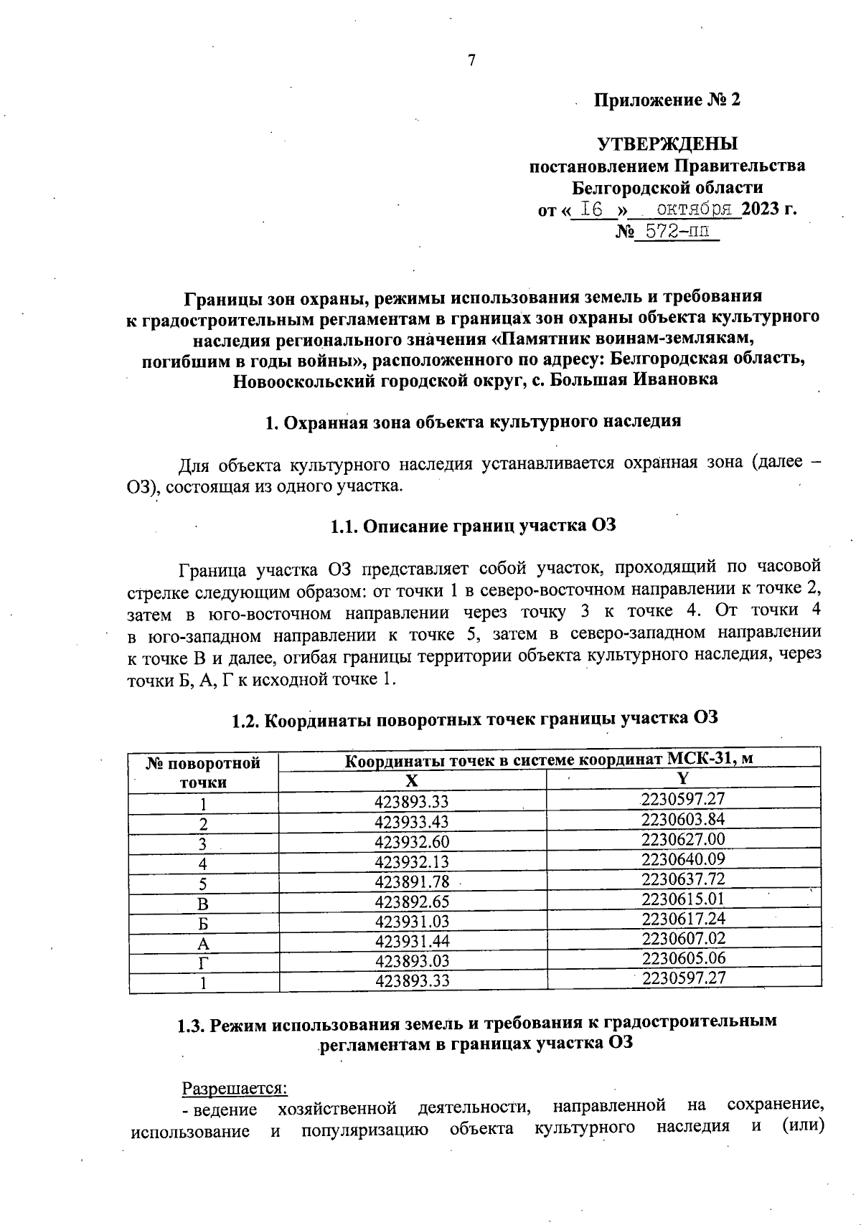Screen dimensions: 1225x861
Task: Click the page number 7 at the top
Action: click(471, 61)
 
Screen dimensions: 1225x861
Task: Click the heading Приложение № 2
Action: click(667, 100)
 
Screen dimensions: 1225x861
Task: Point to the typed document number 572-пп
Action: click(677, 232)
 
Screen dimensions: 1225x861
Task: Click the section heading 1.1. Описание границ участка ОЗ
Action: click(474, 525)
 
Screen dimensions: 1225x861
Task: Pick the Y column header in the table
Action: click(683, 777)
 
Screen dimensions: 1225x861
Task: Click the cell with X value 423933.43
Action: click(412, 822)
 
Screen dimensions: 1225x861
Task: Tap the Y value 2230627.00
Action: click(683, 839)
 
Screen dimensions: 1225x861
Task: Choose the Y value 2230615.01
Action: click(683, 899)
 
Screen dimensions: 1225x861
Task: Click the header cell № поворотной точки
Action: click(203, 772)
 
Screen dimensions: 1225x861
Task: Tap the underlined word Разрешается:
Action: click(235, 1088)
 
